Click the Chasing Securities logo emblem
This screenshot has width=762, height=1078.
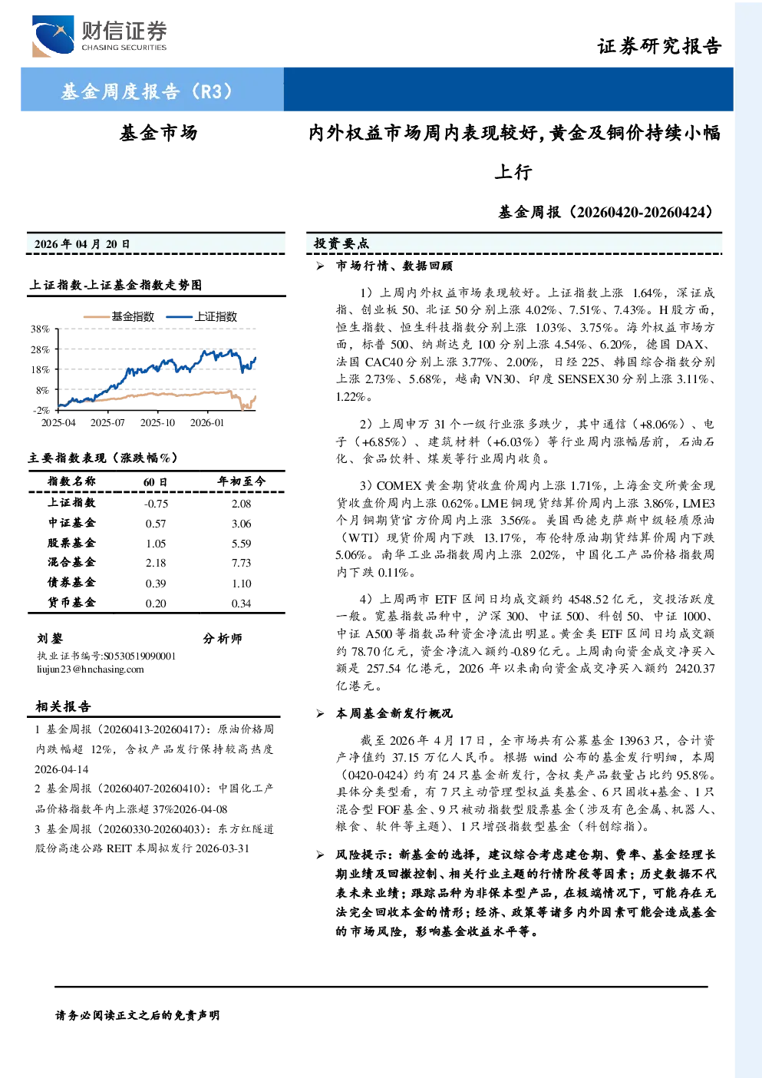click(x=53, y=36)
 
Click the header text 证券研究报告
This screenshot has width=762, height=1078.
click(x=659, y=46)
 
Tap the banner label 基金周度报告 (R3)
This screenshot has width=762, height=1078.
click(x=147, y=91)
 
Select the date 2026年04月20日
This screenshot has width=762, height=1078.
click(x=82, y=244)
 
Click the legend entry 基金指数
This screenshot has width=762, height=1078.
click(x=119, y=316)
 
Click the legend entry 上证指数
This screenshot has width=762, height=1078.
click(x=202, y=316)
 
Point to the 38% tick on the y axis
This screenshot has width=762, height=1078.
click(x=41, y=329)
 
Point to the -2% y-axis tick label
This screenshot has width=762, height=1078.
click(x=41, y=410)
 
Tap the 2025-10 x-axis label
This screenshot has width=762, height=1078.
click(x=157, y=422)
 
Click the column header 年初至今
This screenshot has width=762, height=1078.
click(x=242, y=481)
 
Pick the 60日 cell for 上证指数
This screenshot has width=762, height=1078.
click(x=157, y=504)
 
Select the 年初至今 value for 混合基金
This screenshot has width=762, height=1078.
click(x=242, y=563)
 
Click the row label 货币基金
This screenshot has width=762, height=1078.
click(x=71, y=603)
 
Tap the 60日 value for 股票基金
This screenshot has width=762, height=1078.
click(x=156, y=544)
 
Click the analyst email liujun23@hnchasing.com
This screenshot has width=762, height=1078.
click(x=91, y=669)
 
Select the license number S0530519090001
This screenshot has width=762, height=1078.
click(x=140, y=656)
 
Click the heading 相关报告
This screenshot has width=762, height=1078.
click(x=63, y=706)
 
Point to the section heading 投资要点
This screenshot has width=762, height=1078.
click(x=341, y=243)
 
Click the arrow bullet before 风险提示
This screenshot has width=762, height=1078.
click(x=321, y=855)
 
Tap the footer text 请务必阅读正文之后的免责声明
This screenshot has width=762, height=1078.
click(x=137, y=1016)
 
